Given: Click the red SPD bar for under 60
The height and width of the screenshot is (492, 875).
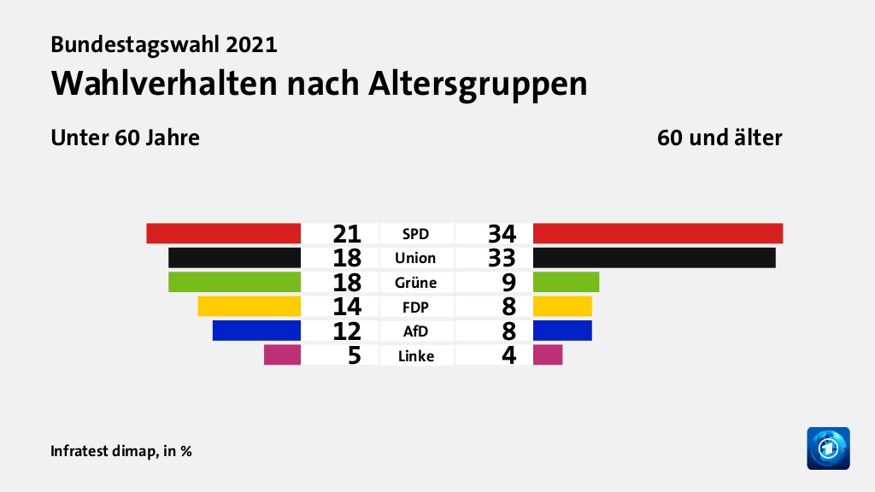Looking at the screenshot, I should [223, 232].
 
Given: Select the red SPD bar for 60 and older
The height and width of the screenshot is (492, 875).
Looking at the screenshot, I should [657, 232].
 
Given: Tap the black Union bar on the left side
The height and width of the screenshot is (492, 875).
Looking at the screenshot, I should [234, 257].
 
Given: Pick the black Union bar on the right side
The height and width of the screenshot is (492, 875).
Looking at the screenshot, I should [654, 257].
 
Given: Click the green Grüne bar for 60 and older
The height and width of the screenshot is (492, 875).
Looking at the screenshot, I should [566, 282].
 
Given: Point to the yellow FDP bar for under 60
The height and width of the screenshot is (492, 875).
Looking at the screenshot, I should [249, 306].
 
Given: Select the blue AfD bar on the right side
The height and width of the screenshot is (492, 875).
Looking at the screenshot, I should [562, 331].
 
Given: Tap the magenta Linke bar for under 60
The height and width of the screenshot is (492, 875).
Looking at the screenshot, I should [282, 354].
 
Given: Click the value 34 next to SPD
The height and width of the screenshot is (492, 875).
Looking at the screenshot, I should [502, 233].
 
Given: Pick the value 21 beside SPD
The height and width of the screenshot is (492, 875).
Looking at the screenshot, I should [347, 233].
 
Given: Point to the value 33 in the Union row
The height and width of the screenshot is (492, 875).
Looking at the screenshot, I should [502, 258].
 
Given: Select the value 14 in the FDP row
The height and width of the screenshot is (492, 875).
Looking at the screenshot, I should [347, 307].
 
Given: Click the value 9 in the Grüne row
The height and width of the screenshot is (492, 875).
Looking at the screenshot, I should [508, 283].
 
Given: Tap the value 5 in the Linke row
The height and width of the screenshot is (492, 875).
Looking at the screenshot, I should [353, 355].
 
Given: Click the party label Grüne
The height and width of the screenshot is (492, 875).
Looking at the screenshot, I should [417, 283].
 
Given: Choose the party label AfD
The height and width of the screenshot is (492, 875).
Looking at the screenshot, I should [417, 331].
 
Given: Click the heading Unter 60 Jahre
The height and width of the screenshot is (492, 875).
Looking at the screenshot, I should [126, 138].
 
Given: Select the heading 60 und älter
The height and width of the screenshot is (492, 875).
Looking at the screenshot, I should [719, 138].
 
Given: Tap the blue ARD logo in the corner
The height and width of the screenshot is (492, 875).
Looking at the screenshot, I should [828, 448].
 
